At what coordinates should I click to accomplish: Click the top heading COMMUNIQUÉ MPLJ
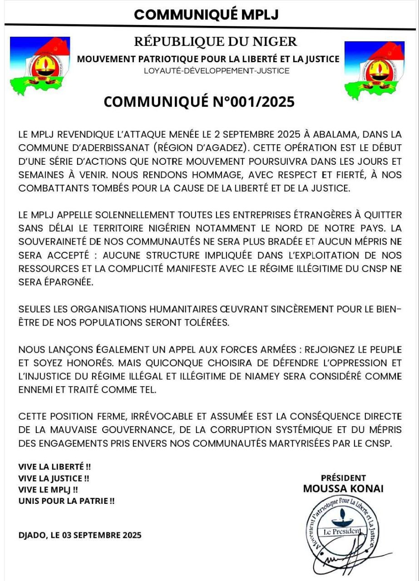tap(206, 15)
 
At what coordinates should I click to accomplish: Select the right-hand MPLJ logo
tap(374, 70)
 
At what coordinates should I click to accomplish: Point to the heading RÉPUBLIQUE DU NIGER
tap(215, 42)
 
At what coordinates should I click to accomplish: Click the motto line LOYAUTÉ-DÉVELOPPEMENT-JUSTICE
tap(216, 71)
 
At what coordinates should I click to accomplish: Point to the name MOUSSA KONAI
tap(343, 489)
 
